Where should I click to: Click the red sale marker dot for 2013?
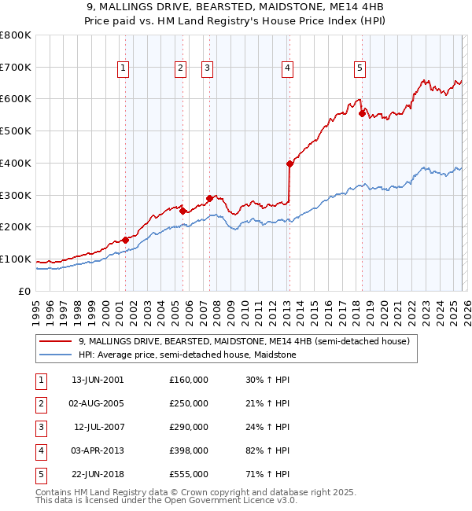[x=289, y=164]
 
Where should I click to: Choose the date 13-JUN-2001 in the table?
[x=98, y=380]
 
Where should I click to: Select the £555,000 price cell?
[x=189, y=474]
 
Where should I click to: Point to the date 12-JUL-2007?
[x=98, y=427]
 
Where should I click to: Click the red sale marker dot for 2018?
[x=363, y=113]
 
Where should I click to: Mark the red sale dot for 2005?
[x=183, y=211]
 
